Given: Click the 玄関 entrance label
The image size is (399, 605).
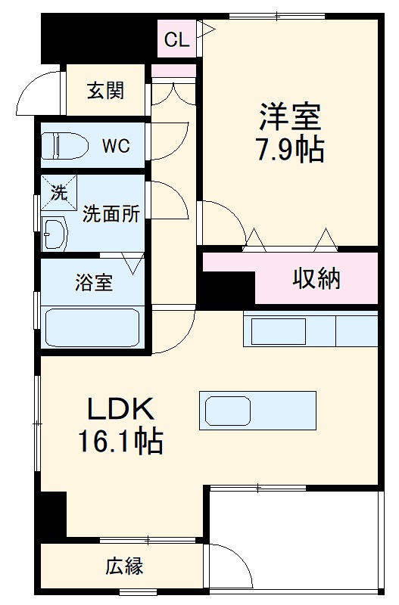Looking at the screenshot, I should click(x=105, y=91).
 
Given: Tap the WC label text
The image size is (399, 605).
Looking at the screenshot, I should click(x=117, y=145).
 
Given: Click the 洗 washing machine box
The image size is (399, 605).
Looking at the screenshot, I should click(x=59, y=191).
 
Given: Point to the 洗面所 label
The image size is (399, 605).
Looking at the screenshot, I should click(x=111, y=214).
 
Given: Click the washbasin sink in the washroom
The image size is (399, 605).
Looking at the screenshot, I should click(x=55, y=234).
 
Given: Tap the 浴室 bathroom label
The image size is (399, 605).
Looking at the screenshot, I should click(x=93, y=283).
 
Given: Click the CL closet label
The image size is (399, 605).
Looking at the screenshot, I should click(x=176, y=40).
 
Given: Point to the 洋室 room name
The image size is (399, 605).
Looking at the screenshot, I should click(x=291, y=117).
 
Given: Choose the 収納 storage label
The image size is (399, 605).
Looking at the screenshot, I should click(x=317, y=279).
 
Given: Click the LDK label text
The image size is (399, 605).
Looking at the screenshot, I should click(x=121, y=410).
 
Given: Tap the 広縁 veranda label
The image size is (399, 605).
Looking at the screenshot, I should click(x=124, y=566).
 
